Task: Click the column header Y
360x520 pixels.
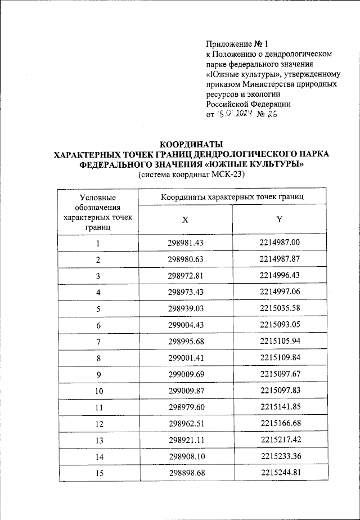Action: pos(279,219)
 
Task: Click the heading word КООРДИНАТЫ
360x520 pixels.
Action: pos(192,143)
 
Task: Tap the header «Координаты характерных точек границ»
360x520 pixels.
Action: pos(232,198)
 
